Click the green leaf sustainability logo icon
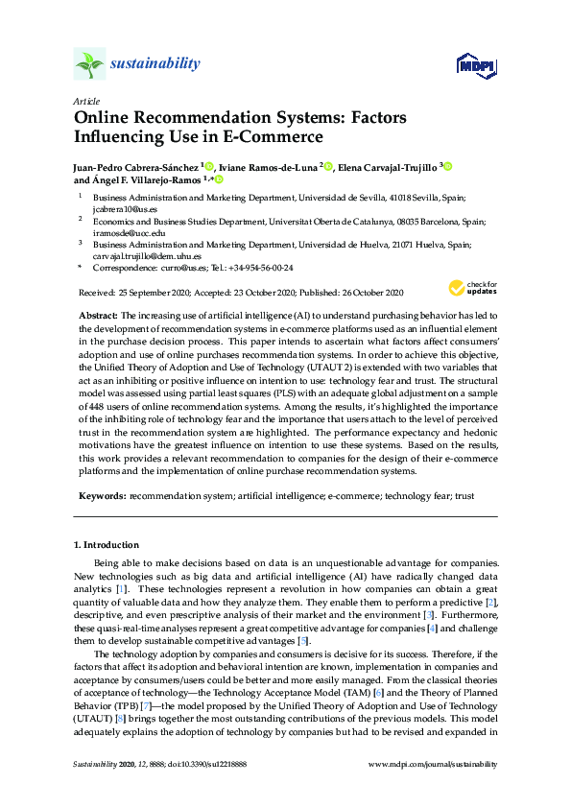click(89, 64)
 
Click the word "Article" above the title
click(85, 101)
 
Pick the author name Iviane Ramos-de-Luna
click(272, 167)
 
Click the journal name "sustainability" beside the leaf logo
click(156, 64)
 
